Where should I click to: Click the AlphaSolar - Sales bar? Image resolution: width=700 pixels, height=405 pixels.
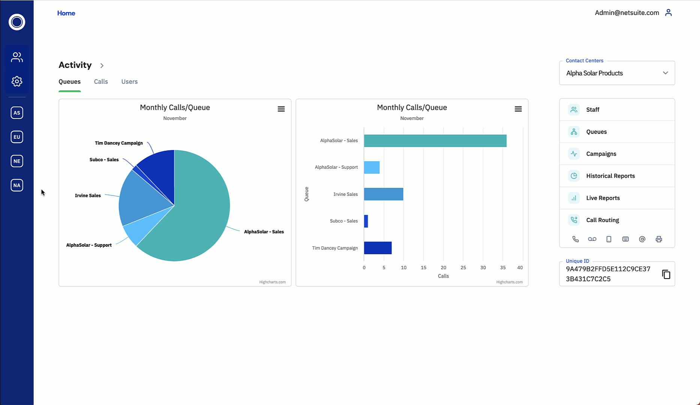click(x=435, y=141)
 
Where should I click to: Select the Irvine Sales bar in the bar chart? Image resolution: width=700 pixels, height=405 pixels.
click(x=383, y=194)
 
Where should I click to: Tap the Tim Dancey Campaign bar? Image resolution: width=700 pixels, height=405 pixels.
click(x=378, y=248)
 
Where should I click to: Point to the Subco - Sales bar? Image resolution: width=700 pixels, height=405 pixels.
click(x=366, y=221)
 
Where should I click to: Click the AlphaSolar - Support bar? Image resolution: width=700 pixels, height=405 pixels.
click(x=372, y=167)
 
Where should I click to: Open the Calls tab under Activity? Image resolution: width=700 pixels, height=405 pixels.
click(x=101, y=82)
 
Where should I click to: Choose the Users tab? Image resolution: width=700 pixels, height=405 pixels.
click(x=129, y=82)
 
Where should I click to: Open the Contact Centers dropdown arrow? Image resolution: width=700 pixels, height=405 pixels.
click(x=665, y=73)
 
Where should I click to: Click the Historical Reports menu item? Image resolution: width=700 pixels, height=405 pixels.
click(x=610, y=176)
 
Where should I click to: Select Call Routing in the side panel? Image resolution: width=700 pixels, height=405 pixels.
click(x=603, y=220)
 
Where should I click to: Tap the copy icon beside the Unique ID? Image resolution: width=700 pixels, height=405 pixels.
click(x=666, y=274)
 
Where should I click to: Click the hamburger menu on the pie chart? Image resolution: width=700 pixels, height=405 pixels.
click(x=281, y=109)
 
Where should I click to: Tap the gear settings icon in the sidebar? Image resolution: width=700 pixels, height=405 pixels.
click(x=17, y=81)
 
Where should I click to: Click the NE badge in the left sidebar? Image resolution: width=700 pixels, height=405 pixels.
click(x=17, y=161)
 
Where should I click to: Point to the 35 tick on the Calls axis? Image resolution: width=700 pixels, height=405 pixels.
click(x=503, y=268)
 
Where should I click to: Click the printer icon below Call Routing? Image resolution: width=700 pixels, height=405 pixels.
click(x=659, y=239)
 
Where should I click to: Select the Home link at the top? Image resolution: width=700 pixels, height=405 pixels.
click(x=66, y=13)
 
